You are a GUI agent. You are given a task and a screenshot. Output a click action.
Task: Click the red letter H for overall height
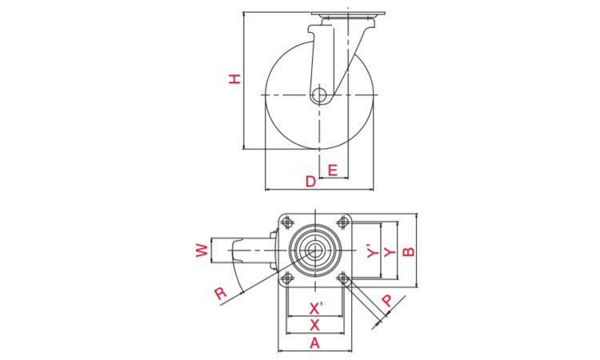[x=235, y=79]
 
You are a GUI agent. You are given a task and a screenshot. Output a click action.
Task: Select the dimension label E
[x=333, y=170]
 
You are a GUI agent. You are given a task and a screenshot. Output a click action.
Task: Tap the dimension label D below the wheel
[x=310, y=182]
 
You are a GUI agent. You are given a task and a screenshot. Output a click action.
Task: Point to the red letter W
[x=202, y=250]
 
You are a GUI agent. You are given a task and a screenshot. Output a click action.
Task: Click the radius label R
[x=221, y=294]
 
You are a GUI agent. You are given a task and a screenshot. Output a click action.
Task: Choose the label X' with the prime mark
[x=316, y=308]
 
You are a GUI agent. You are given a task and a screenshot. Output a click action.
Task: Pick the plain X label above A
[x=314, y=325]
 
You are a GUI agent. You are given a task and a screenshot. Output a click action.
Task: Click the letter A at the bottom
[x=314, y=343]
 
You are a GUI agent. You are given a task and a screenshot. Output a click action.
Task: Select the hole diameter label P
[x=387, y=301]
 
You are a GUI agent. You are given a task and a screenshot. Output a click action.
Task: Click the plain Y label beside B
[x=390, y=252]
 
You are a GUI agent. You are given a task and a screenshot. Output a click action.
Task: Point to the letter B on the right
[x=409, y=251]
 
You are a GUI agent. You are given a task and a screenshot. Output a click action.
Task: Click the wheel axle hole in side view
[x=318, y=94]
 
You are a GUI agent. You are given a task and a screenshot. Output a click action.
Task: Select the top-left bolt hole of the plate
[x=286, y=222]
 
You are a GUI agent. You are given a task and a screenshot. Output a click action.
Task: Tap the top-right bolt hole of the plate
[x=343, y=222]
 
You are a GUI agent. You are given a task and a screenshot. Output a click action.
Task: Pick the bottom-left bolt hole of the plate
[x=286, y=278]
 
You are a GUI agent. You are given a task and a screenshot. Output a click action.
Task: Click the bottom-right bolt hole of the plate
[x=343, y=278]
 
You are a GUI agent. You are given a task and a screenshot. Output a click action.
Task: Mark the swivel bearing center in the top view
[x=315, y=250]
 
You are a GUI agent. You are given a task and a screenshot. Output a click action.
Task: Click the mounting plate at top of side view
[x=348, y=14]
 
